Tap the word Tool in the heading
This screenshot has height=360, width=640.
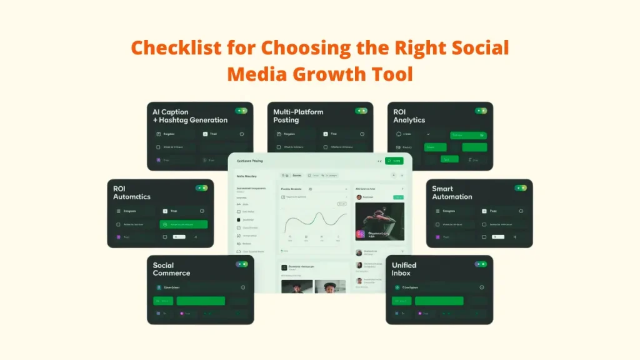(391, 74)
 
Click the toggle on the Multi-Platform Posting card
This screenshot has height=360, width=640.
(361, 111)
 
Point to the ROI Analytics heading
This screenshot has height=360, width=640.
(409, 116)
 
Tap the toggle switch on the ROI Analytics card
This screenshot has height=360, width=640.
(481, 111)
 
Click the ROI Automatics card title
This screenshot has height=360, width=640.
(132, 192)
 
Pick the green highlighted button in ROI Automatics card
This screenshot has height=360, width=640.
(184, 224)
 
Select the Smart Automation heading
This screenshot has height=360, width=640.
(452, 192)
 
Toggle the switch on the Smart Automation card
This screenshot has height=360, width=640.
(521, 187)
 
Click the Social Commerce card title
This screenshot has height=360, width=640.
(171, 269)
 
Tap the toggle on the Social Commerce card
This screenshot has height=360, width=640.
(241, 264)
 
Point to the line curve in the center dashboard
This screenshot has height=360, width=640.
(315, 222)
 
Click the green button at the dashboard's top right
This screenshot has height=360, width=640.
(394, 161)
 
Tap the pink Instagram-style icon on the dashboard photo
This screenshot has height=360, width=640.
(361, 234)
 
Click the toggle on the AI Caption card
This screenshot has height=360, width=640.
(241, 111)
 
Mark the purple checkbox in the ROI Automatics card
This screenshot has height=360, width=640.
(117, 237)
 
